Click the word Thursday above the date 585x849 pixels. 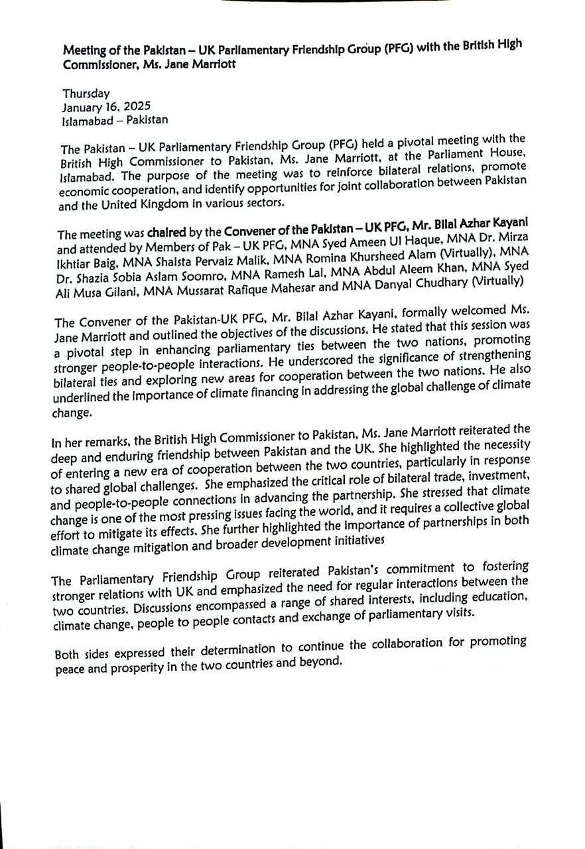[86, 94]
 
